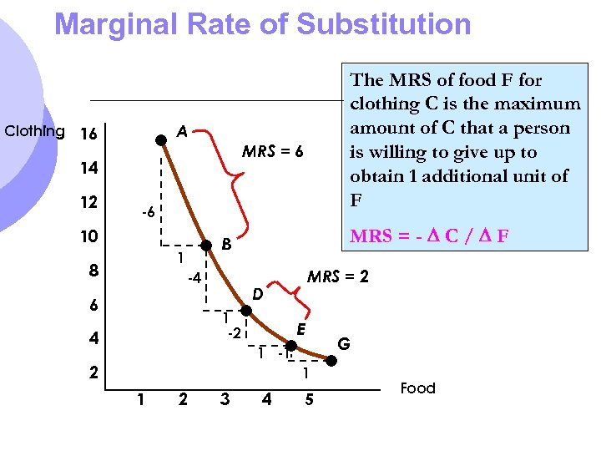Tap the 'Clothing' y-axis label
[34, 131]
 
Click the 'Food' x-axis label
[417, 388]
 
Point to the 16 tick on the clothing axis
[88, 134]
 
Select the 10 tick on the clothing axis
[88, 236]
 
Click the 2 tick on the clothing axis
[94, 372]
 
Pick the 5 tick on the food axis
[309, 400]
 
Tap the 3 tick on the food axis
[224, 400]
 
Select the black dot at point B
[207, 246]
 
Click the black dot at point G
[331, 361]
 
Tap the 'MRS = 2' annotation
[338, 276]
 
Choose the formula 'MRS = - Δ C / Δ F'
[430, 236]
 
